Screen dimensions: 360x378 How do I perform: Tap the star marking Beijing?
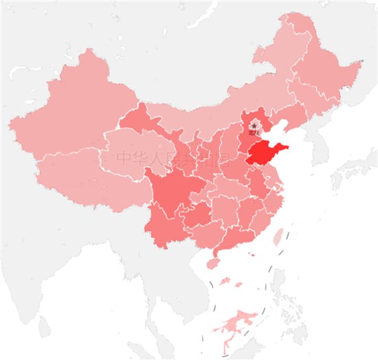click(x=255, y=126)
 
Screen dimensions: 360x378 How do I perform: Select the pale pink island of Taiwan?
click(x=278, y=238)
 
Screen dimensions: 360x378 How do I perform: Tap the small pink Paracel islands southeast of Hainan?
click(x=238, y=283)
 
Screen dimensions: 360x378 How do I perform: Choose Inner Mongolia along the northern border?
click(x=206, y=113)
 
